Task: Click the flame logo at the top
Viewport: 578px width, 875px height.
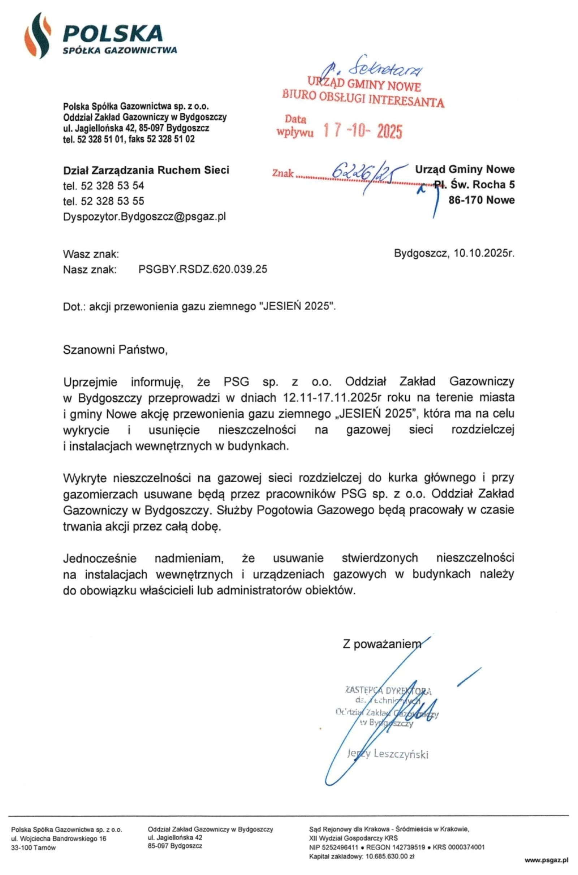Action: [37, 35]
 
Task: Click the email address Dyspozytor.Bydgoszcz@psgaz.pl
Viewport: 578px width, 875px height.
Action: [144, 216]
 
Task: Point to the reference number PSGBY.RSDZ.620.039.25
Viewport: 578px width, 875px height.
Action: [203, 270]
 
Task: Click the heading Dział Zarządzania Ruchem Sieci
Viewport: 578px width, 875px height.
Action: [146, 170]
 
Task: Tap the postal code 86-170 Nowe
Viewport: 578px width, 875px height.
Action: [481, 200]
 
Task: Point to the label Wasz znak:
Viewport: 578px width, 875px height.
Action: [91, 254]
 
